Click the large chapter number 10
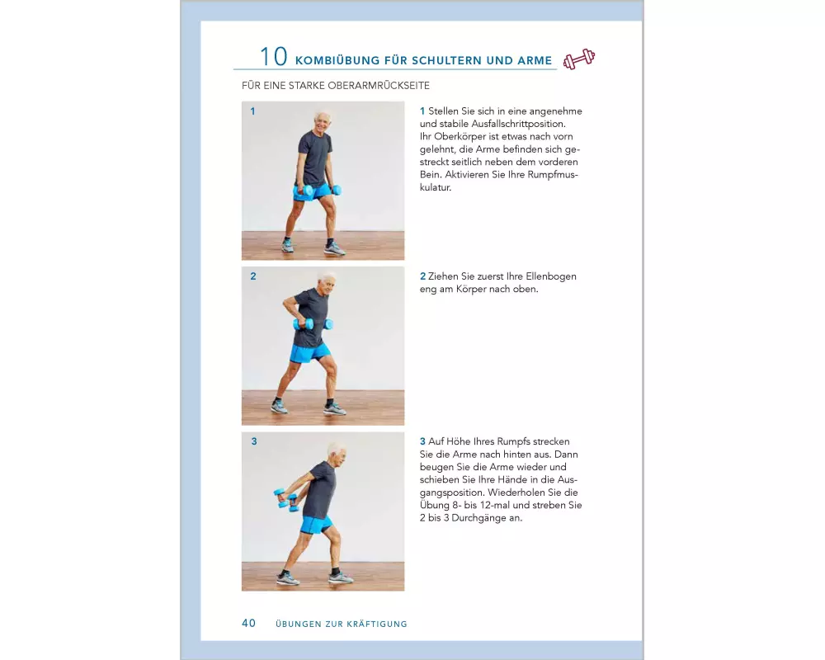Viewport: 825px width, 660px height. click(274, 57)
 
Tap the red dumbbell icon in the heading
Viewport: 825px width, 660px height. click(579, 59)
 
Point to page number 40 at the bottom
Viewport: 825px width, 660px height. click(248, 623)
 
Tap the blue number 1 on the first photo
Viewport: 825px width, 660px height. click(252, 111)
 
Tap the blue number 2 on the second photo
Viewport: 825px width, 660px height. click(253, 276)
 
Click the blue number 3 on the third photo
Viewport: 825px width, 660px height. click(254, 441)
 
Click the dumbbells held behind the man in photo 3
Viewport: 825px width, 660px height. click(285, 499)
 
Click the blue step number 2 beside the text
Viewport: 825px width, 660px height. click(422, 276)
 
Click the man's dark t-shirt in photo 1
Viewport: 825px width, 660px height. click(314, 158)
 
